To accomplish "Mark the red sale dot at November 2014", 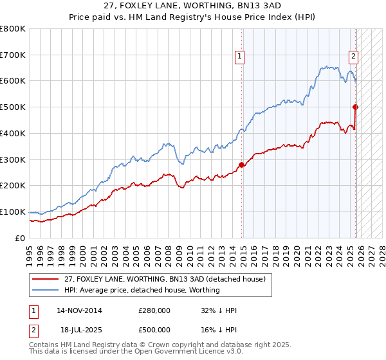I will tap(241, 165).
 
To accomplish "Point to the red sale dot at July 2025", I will tap(356, 107).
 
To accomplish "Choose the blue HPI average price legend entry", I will tap(142, 290).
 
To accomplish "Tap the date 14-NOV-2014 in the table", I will tap(80, 310).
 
